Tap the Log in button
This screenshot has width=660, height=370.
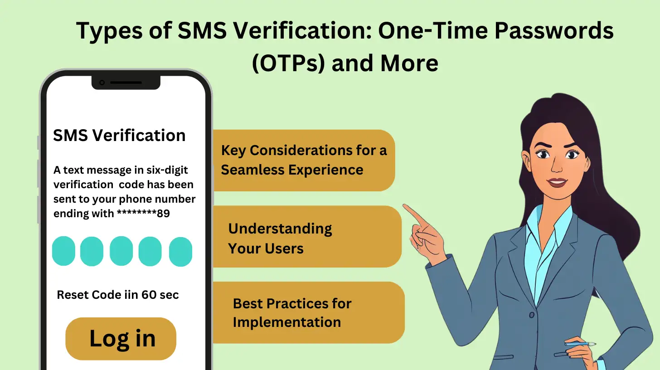tap(121, 339)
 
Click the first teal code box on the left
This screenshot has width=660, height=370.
tap(63, 251)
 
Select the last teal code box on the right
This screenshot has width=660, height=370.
tap(180, 251)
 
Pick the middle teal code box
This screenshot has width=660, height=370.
tap(121, 251)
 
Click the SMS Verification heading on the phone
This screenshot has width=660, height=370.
tap(119, 135)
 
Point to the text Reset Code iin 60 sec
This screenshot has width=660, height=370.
tap(118, 295)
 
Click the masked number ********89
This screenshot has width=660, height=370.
tap(143, 214)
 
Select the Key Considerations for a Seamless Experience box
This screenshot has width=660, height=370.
tap(303, 160)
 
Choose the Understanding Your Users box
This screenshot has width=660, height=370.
tap(307, 238)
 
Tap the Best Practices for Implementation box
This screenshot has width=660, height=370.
tap(308, 313)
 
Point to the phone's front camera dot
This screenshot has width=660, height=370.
tap(102, 83)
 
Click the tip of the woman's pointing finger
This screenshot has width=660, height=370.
tap(405, 207)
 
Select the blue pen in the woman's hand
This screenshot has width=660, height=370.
tap(580, 344)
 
